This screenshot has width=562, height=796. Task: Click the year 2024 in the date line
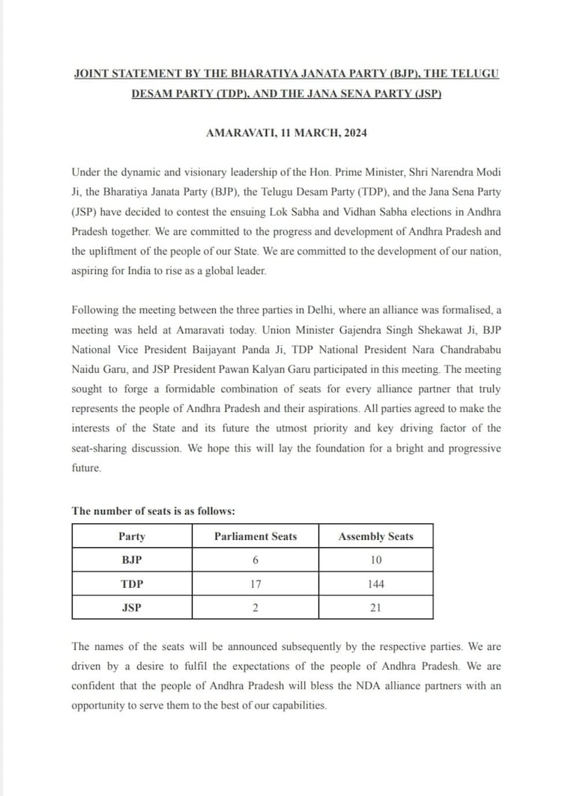pos(354,133)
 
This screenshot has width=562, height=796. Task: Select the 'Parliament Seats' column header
pos(256,536)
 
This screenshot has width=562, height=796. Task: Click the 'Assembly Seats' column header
pos(375,536)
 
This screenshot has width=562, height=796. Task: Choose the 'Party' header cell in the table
pos(132,536)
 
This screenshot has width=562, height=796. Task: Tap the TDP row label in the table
pos(132,584)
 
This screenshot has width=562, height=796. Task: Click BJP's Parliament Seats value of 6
pos(256,560)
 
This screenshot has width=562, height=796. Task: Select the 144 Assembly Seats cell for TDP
pos(375,584)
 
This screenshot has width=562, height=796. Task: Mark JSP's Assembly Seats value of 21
pos(375,608)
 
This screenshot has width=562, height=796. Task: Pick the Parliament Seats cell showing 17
pos(256,584)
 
